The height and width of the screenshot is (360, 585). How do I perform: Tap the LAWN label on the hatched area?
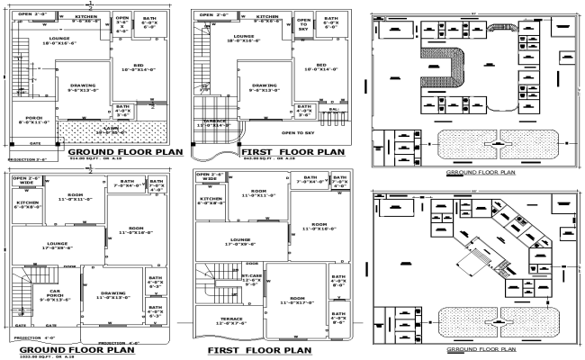[x=113, y=130]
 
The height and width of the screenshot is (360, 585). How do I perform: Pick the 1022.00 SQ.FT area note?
[x=36, y=357]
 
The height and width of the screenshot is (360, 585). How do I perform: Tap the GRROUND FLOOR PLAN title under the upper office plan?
[x=481, y=170]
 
